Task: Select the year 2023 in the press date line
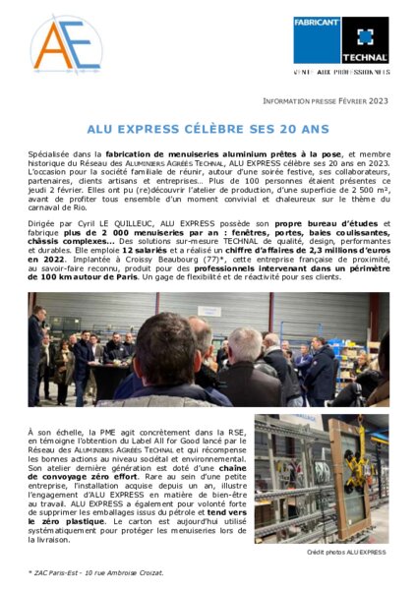coord(379,101)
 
